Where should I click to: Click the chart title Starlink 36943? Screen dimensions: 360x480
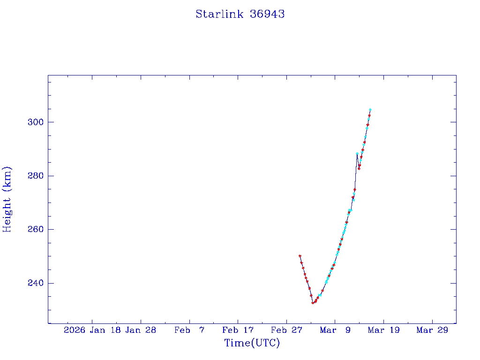click(240, 14)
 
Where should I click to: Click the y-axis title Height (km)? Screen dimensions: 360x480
click(7, 199)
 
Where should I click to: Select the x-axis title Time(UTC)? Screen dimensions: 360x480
click(252, 343)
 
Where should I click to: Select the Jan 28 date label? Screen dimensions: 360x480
click(141, 330)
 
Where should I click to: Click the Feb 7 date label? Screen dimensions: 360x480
click(189, 330)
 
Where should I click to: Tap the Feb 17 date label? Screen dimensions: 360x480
click(238, 330)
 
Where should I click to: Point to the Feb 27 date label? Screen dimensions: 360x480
click(286, 330)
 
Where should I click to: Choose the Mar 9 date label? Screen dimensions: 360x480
click(335, 330)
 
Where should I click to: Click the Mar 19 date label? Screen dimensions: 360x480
click(383, 330)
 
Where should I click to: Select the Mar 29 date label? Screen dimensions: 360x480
click(432, 330)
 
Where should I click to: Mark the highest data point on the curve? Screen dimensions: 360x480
click(370, 110)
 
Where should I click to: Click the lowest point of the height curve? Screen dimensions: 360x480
click(313, 303)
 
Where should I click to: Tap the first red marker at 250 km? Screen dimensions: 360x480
click(300, 256)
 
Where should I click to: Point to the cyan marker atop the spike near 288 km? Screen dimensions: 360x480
click(357, 154)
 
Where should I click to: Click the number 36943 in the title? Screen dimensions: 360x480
click(267, 14)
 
